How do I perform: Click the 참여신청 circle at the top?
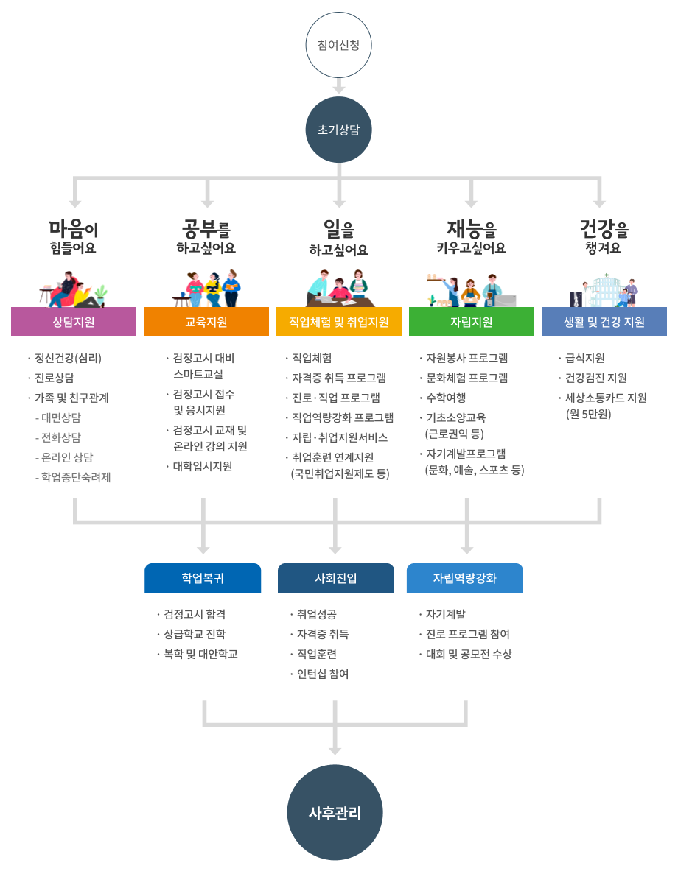338,45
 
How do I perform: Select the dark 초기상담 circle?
338,130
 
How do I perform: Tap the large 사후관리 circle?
335,813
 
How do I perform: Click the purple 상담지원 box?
74,322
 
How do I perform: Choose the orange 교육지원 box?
206,322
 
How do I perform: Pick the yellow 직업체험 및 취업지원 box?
339,322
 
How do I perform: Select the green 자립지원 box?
472,322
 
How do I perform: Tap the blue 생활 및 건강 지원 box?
604,322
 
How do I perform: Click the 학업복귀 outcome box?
203,578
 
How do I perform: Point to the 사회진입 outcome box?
335,578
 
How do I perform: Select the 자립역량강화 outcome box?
465,578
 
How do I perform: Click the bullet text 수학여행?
446,398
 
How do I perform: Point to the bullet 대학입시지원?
203,466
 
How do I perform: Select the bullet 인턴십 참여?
323,674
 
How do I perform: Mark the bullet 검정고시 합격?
195,614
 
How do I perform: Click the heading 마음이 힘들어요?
74,236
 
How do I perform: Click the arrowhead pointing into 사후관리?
335,750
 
